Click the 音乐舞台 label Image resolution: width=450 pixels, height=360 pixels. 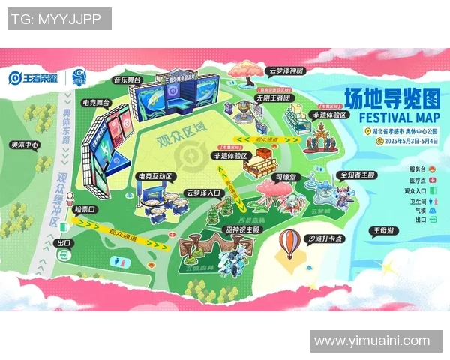pyautogui.click(x=127, y=79)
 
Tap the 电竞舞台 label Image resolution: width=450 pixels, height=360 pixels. pyautogui.click(x=97, y=102)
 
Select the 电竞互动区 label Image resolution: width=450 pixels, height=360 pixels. pyautogui.click(x=155, y=177)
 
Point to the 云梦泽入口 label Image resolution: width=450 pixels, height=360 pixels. pyautogui.click(x=204, y=193)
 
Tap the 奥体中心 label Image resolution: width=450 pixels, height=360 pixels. pyautogui.click(x=25, y=144)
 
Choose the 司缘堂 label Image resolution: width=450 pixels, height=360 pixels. pyautogui.click(x=284, y=178)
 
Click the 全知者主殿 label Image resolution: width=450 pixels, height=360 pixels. pyautogui.click(x=358, y=175)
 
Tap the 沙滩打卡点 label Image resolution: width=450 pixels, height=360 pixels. pyautogui.click(x=325, y=238)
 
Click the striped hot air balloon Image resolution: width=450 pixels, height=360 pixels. pyautogui.click(x=289, y=241)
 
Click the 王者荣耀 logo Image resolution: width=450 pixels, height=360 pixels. pyautogui.click(x=34, y=77)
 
